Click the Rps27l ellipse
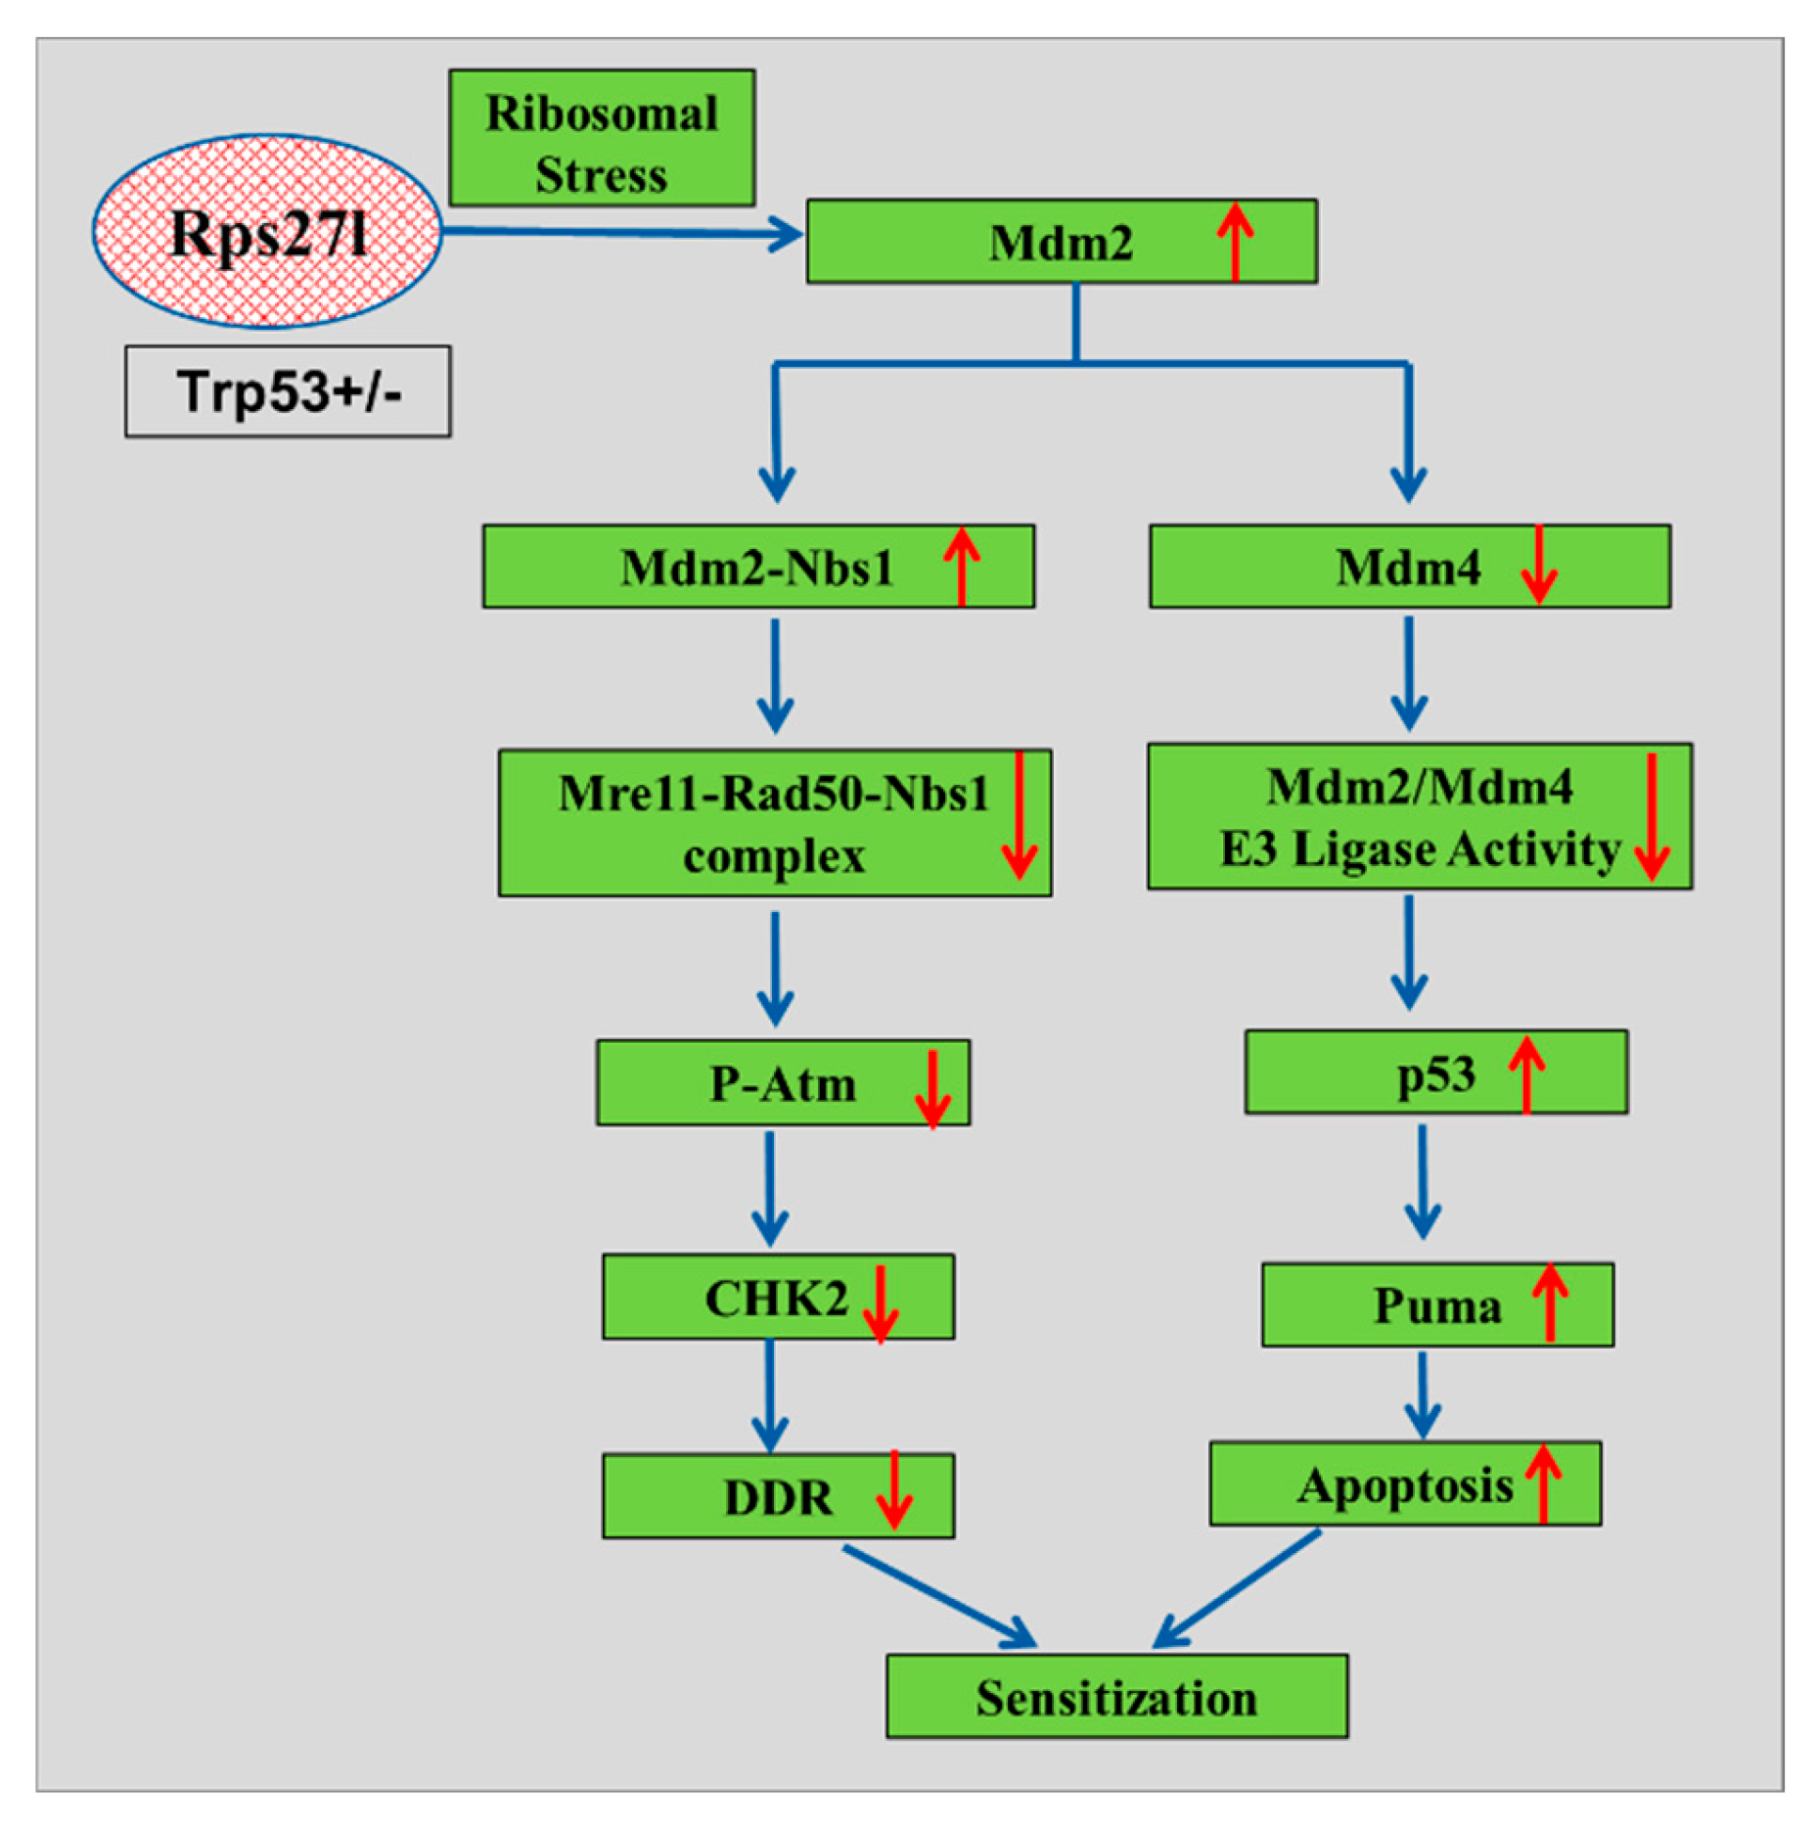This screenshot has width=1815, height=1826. tap(266, 232)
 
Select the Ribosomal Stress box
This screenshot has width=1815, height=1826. tap(601, 138)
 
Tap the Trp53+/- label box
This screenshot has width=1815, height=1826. tap(288, 391)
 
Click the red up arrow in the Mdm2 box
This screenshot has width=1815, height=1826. tap(1235, 241)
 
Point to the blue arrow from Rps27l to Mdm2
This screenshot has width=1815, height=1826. tap(621, 233)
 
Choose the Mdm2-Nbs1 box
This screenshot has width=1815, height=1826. tap(757, 567)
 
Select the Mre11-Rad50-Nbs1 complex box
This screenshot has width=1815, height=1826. tap(774, 823)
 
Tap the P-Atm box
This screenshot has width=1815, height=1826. tap(782, 1083)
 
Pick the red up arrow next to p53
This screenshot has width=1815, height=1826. tap(1526, 1073)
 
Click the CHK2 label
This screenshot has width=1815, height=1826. tap(776, 1299)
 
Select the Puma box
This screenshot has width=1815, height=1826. tap(1436, 1305)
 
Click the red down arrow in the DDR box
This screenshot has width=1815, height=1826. tap(893, 1490)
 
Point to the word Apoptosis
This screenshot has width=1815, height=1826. tap(1405, 1485)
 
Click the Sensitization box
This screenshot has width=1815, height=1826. tap(1116, 1698)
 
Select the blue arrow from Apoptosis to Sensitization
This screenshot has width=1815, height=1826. tap(1239, 1588)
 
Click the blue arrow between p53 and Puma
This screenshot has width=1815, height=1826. tap(1422, 1181)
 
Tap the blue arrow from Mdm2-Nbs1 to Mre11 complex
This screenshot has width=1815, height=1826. tap(775, 675)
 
